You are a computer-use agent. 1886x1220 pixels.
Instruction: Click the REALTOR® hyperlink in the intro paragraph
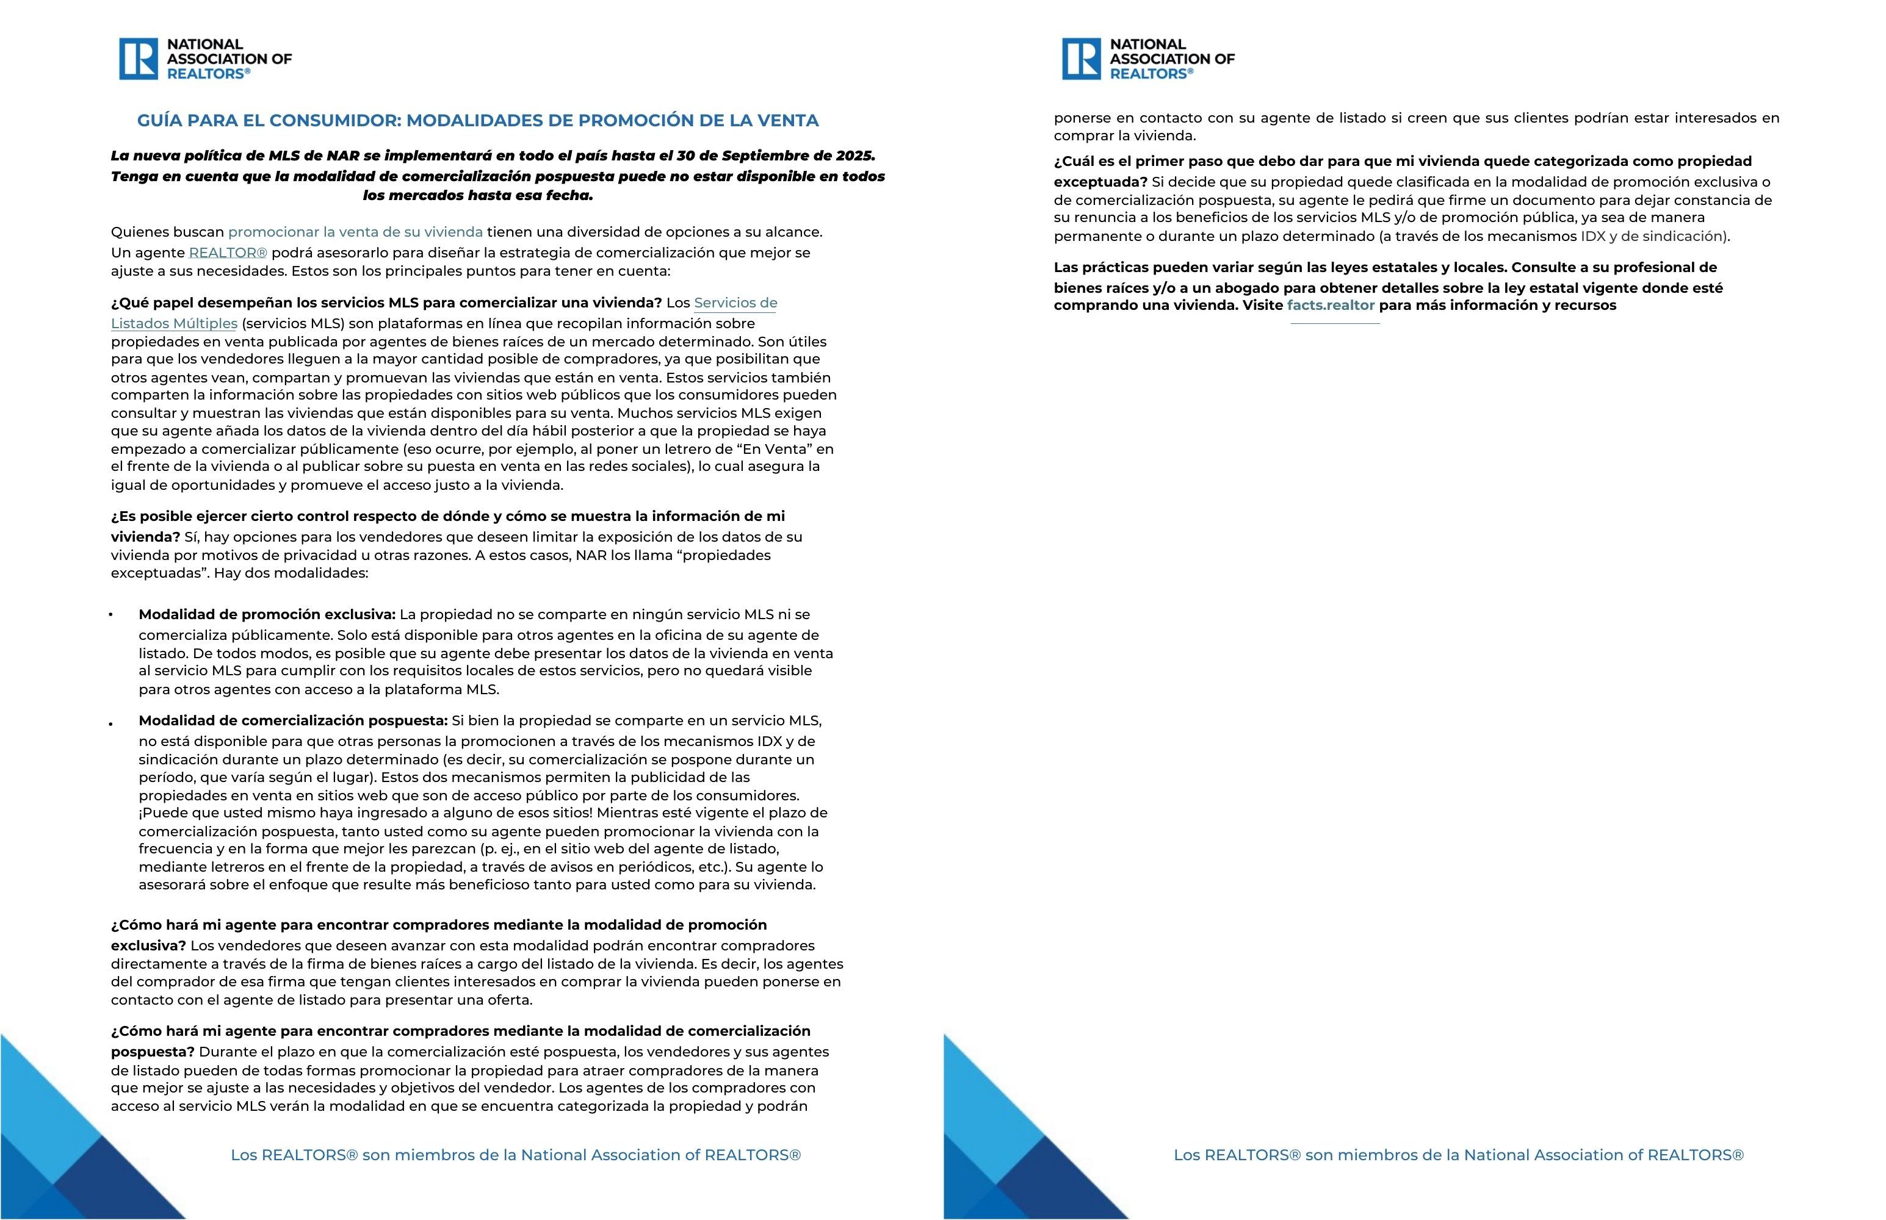tap(228, 253)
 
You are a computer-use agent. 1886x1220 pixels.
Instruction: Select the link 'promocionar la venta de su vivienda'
tap(355, 232)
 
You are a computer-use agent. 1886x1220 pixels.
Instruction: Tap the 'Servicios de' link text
tap(735, 303)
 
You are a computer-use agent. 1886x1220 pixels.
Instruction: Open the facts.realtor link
tap(1331, 305)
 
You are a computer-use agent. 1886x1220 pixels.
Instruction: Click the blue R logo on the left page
tap(138, 59)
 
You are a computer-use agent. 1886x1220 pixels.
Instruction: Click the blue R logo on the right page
tap(1081, 59)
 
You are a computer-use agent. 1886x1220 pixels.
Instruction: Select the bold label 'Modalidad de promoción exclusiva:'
tap(267, 615)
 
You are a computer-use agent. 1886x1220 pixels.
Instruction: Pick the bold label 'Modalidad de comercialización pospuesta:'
tap(293, 721)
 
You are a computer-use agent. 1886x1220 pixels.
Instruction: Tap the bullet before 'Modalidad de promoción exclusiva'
tap(111, 615)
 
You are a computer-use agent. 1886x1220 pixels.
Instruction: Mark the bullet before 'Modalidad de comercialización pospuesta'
tap(111, 723)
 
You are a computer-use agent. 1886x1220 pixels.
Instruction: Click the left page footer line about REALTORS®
tap(515, 1155)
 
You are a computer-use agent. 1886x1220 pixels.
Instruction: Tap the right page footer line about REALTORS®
tap(1458, 1155)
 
